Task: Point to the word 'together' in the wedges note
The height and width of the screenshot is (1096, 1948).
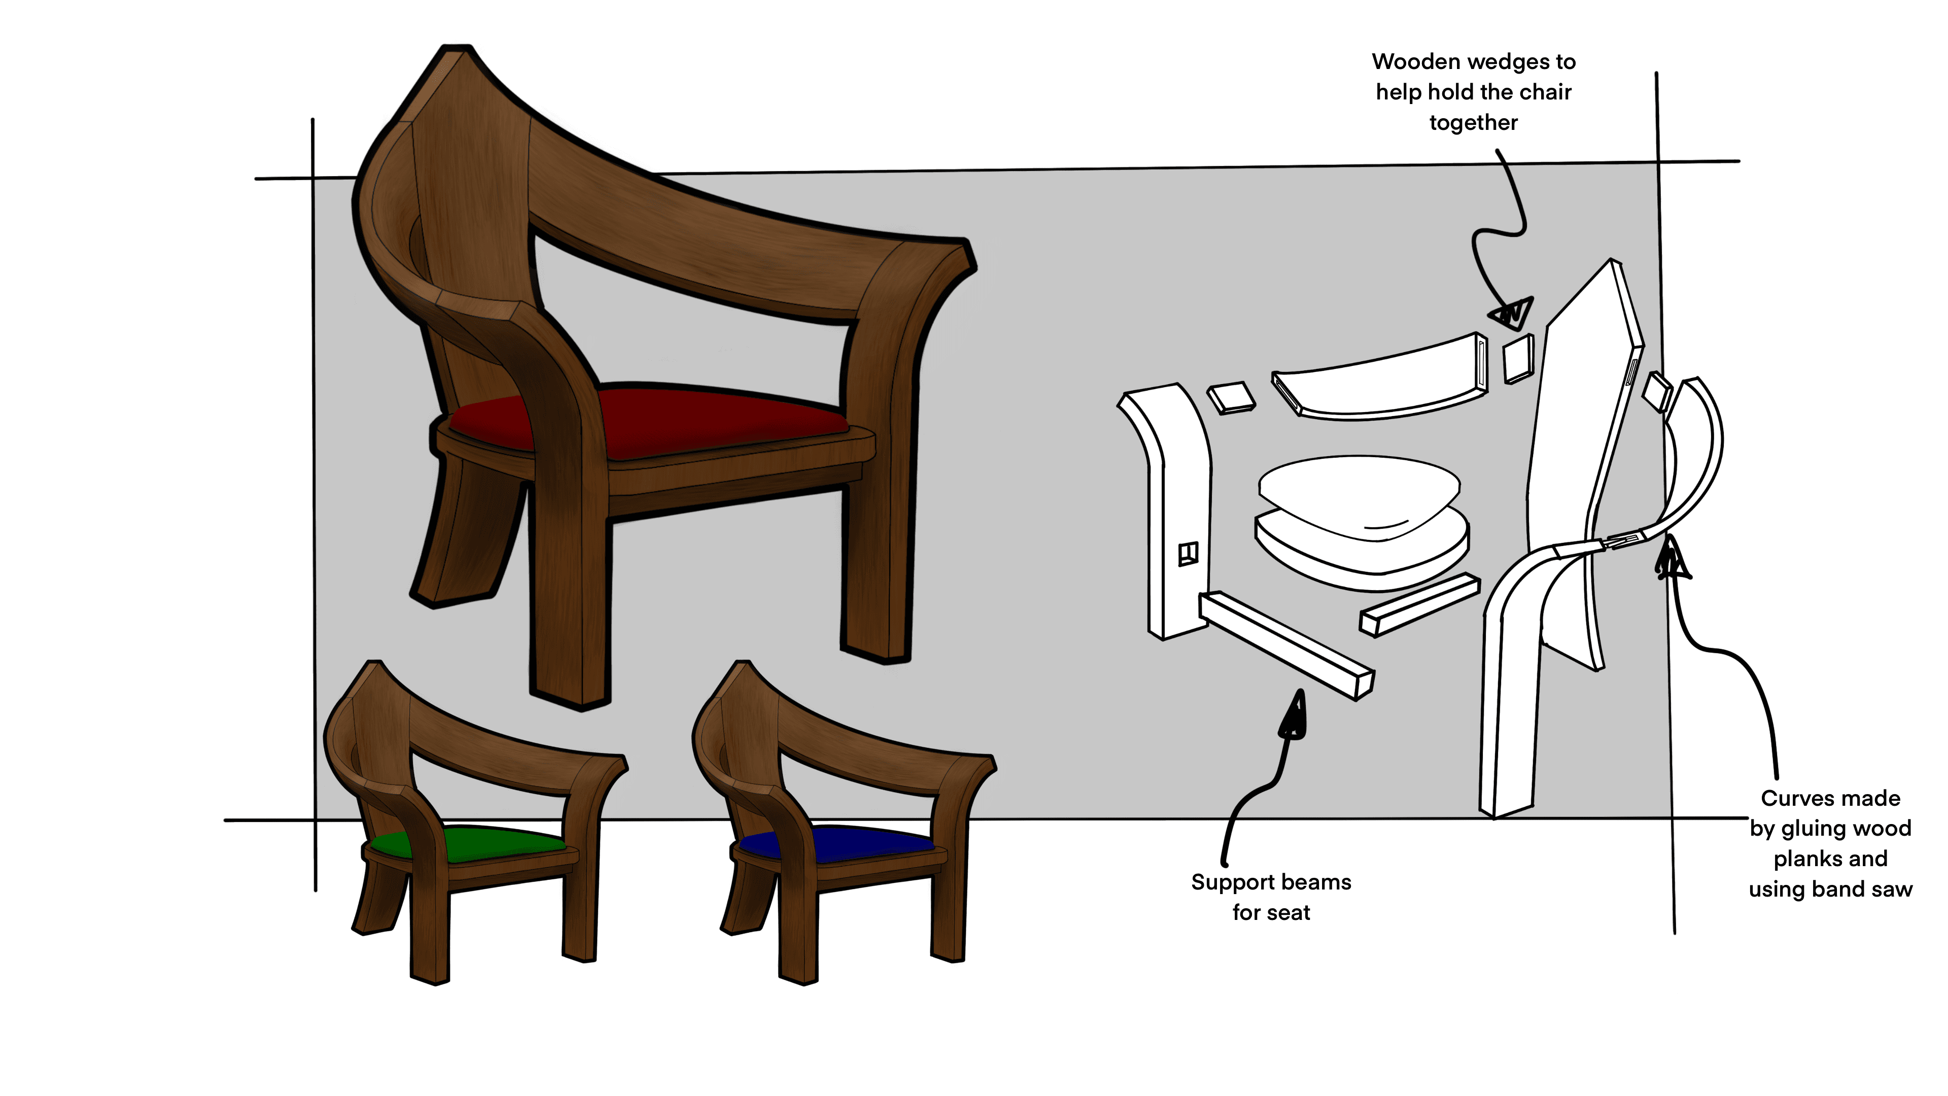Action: pos(1473,122)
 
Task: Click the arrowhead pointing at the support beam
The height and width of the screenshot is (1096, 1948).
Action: pos(1294,715)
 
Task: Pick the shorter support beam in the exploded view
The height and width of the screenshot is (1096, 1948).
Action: pos(1419,605)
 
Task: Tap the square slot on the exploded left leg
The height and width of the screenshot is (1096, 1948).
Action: pos(1188,554)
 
